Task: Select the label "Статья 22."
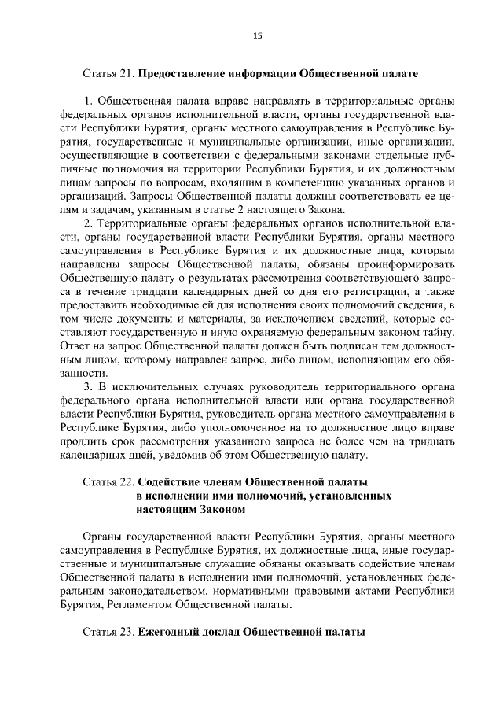[x=108, y=481]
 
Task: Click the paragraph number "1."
[x=89, y=101]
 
